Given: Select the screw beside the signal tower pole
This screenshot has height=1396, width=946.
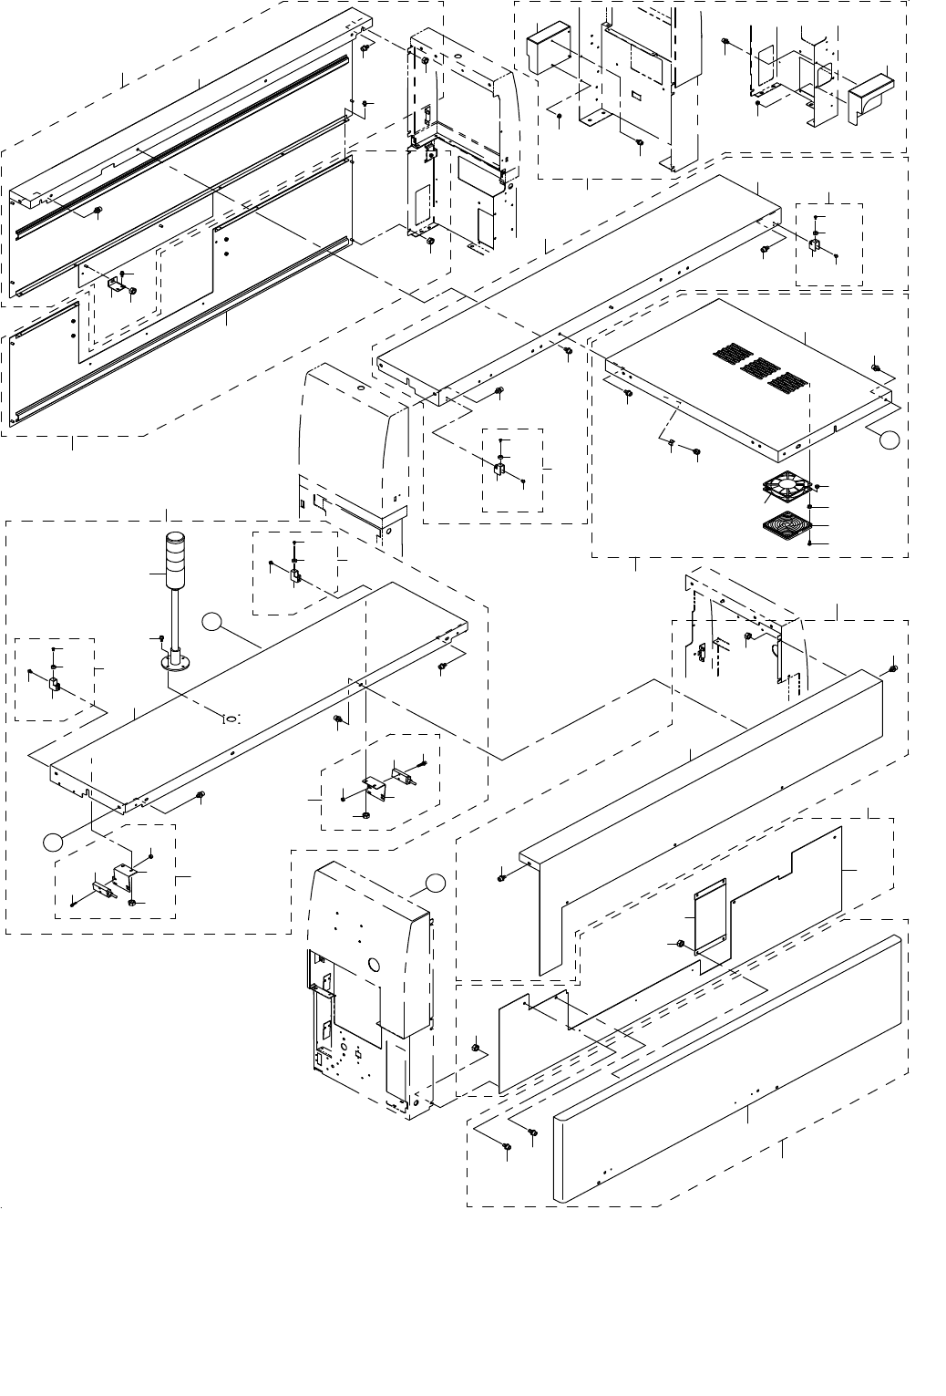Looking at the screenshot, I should click(x=161, y=638).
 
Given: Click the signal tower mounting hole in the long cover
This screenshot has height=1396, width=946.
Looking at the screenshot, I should click(x=231, y=718).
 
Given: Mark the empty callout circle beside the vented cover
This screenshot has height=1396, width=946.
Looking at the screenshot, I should click(x=891, y=440).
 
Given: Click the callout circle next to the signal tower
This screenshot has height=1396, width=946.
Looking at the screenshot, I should click(x=211, y=622).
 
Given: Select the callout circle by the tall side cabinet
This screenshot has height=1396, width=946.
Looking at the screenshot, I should click(x=437, y=882).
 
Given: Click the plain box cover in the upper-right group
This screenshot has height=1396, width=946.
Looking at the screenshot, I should click(x=548, y=53).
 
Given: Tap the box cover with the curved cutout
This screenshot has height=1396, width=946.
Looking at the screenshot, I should click(x=872, y=98).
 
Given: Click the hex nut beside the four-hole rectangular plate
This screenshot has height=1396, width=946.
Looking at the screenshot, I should click(x=679, y=943).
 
